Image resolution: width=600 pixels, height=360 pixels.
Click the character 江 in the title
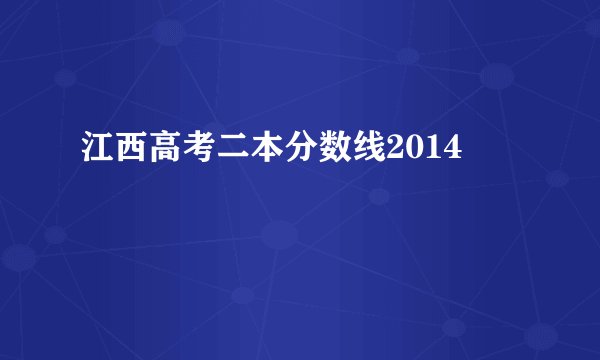click(95, 151)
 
